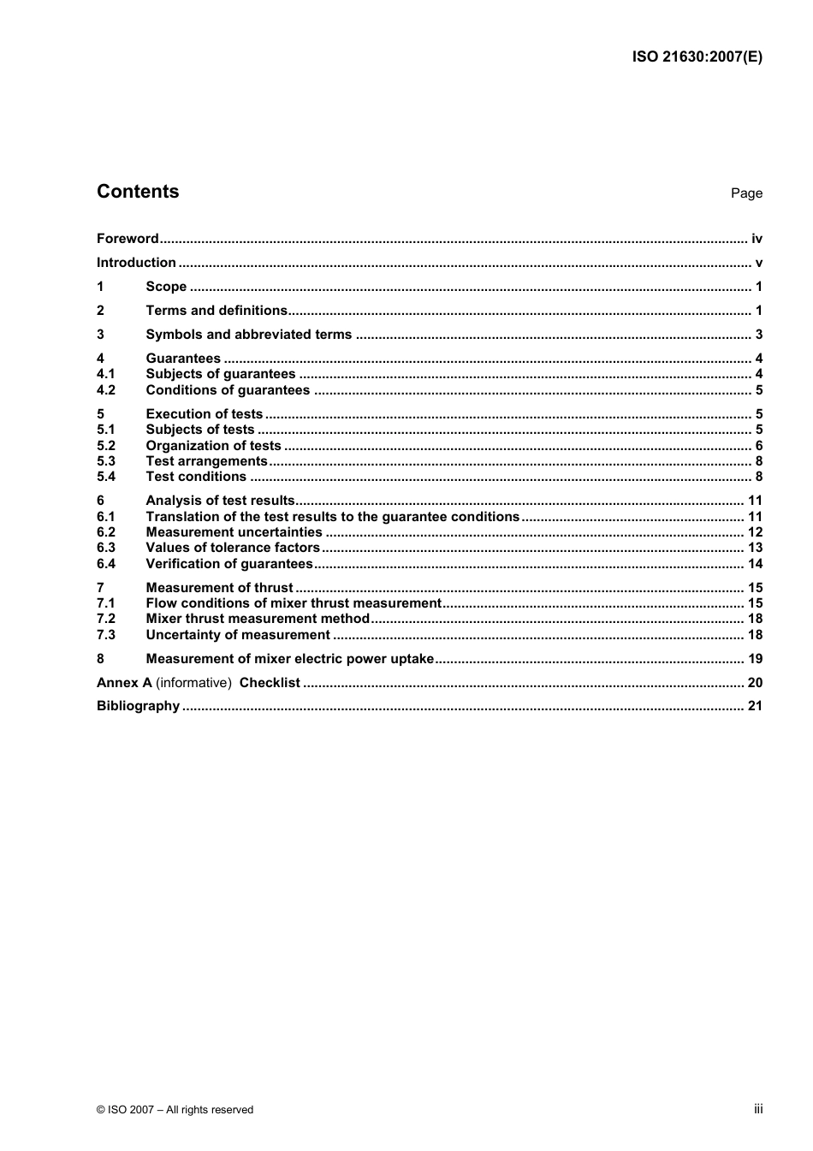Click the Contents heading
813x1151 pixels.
click(138, 192)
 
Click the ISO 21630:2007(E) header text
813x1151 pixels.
click(697, 57)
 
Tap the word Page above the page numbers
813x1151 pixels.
click(746, 193)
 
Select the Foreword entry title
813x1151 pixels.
click(128, 239)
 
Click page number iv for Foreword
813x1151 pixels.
click(757, 239)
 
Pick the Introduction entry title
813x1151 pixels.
click(136, 263)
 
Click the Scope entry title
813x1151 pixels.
click(166, 287)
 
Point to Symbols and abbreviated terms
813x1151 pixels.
click(248, 335)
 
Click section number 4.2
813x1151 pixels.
click(105, 390)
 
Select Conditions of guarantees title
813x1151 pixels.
click(228, 390)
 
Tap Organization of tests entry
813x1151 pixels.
click(213, 446)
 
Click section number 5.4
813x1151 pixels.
click(105, 477)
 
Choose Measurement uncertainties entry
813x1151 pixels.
click(234, 532)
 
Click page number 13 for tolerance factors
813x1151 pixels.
click(755, 548)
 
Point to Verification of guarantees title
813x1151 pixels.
click(229, 564)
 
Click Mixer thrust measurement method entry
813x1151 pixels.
click(258, 619)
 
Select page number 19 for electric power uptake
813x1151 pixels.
click(755, 659)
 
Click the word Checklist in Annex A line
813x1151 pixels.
click(270, 683)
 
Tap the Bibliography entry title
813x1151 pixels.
click(138, 706)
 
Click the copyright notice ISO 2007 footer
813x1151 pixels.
click(175, 1110)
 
